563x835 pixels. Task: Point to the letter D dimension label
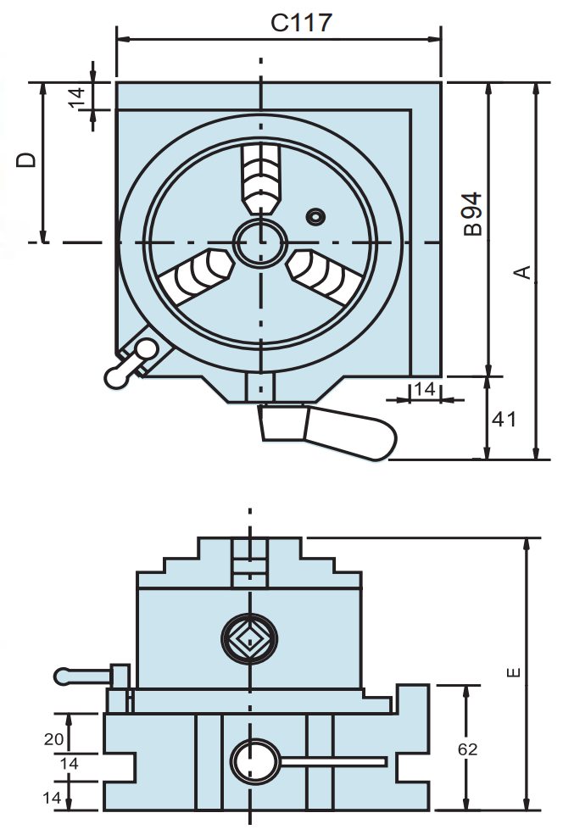[28, 160]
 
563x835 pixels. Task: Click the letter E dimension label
[512, 673]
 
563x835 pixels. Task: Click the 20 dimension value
[53, 739]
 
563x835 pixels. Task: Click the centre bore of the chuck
[260, 242]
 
